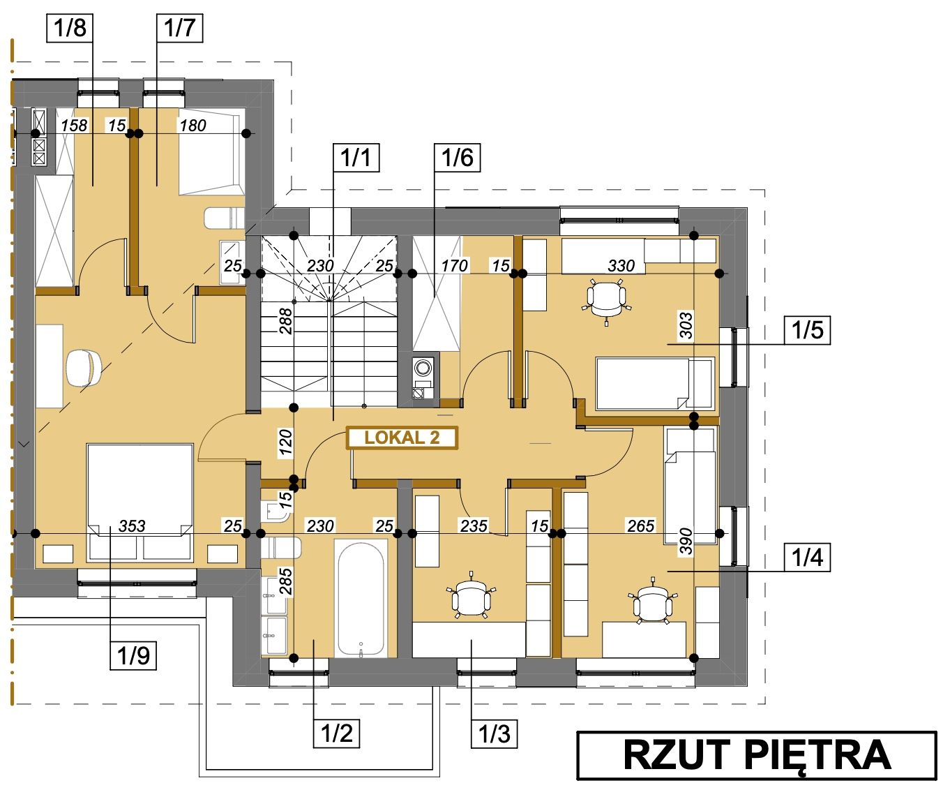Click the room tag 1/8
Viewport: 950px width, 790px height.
[x=70, y=28]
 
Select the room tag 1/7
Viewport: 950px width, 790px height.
[x=180, y=28]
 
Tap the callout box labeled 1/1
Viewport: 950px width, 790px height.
[x=356, y=158]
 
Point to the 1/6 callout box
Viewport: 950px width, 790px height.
[x=458, y=158]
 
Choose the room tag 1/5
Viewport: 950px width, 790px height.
[x=807, y=329]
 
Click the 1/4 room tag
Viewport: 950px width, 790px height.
[x=807, y=557]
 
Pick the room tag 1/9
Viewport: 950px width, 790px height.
[x=133, y=656]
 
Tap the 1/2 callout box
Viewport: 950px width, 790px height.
[x=337, y=733]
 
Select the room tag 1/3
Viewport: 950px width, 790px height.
[x=494, y=733]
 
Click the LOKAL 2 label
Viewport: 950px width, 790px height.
[x=402, y=438]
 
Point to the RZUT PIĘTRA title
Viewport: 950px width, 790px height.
[x=757, y=755]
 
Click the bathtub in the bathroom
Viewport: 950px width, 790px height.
[x=361, y=598]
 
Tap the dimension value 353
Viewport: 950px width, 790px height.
[x=132, y=526]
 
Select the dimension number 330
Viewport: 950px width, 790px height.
[x=621, y=265]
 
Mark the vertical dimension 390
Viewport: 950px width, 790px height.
[x=686, y=541]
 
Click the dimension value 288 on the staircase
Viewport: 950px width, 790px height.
[x=285, y=321]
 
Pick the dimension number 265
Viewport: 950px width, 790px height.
[x=640, y=526]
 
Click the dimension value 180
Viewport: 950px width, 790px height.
[x=193, y=125]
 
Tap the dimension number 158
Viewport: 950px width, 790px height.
[x=74, y=125]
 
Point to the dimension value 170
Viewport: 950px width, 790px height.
[x=455, y=265]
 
